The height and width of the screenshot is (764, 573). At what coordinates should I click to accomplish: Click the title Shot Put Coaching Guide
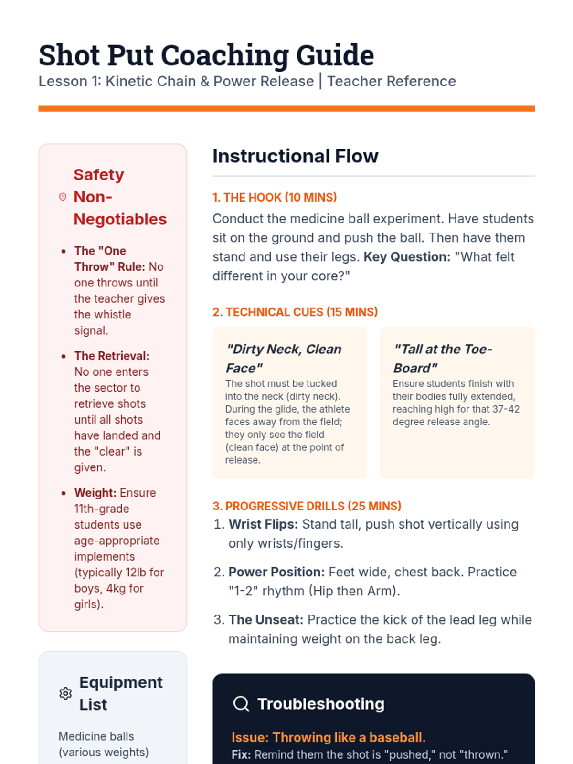tap(206, 55)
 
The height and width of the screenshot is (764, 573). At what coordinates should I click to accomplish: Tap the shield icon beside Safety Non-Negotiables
tap(63, 197)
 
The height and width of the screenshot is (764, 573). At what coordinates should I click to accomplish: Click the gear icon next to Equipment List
tap(65, 693)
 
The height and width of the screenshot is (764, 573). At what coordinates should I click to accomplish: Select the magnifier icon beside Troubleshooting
tap(241, 704)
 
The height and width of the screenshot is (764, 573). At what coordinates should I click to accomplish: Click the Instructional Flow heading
tap(295, 156)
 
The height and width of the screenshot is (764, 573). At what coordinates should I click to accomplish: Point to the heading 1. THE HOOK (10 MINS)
tap(275, 197)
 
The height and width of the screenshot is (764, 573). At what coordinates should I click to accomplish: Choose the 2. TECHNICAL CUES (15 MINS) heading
tap(295, 312)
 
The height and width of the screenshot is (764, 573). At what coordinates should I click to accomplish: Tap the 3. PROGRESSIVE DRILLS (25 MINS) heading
tap(307, 506)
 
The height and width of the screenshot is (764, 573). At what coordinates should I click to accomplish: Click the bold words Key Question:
tap(407, 257)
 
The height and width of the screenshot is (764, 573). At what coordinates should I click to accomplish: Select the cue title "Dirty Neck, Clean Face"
tap(283, 358)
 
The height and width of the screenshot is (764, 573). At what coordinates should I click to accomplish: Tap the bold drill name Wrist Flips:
tap(263, 524)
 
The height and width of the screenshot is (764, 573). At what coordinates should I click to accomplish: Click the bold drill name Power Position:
tap(276, 572)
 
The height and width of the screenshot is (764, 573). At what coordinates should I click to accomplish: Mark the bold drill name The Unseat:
tap(266, 620)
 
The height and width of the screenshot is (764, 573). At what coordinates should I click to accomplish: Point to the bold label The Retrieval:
tap(112, 356)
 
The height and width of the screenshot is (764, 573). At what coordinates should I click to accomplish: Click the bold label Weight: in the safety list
tap(95, 493)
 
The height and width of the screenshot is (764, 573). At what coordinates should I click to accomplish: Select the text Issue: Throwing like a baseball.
tap(328, 737)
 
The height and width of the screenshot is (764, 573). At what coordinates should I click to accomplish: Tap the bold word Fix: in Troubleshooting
tap(241, 754)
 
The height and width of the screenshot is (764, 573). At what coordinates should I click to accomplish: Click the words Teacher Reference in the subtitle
tap(391, 81)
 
